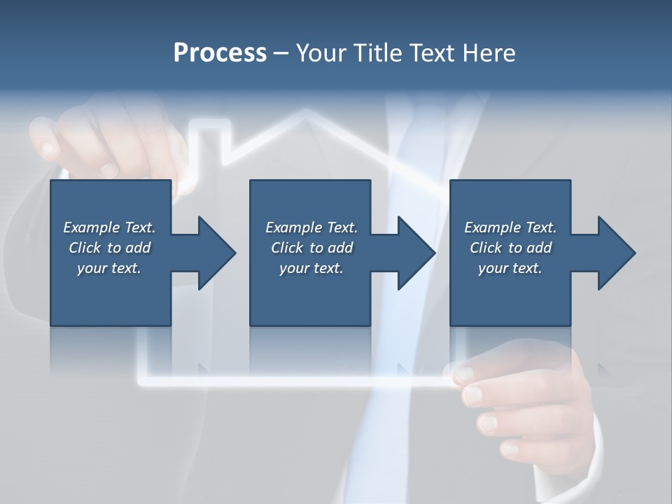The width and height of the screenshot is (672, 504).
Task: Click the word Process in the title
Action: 220,53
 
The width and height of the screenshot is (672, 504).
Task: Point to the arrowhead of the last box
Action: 615,253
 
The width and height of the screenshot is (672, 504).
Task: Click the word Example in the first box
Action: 91,227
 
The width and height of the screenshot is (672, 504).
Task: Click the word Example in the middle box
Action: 293,227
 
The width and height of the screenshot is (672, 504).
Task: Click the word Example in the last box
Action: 492,227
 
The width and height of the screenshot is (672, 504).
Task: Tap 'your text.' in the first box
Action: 109,268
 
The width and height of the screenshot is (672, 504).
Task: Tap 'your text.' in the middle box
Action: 311,268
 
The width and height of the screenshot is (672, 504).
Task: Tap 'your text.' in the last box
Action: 510,268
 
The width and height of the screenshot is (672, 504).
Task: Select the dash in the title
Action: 281,53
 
